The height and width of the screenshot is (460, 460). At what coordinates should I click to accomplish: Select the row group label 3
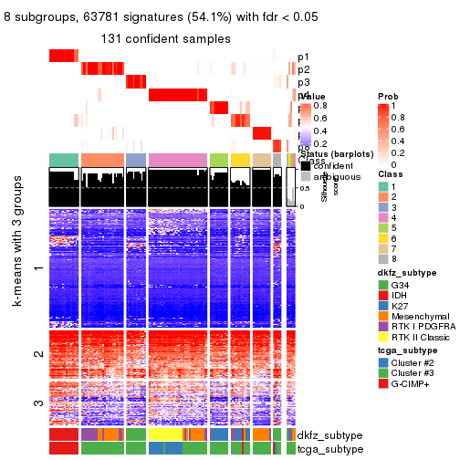tap(37, 402)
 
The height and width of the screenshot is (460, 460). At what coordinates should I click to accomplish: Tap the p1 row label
tap(303, 57)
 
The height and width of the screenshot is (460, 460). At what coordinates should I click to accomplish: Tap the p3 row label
tap(303, 82)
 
